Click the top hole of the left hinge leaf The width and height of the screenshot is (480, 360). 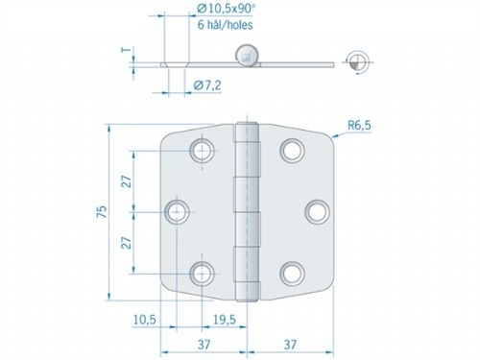pos(203,150)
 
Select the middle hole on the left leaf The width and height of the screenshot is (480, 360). pos(178,211)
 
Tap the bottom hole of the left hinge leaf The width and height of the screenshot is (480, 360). pos(203,274)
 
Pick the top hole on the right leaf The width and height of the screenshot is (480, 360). pos(292,150)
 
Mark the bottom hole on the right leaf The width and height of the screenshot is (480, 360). pos(292,274)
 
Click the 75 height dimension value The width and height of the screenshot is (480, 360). pos(103,212)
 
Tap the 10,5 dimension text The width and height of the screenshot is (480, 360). pos(145,318)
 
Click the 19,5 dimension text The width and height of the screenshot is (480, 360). pos(227,318)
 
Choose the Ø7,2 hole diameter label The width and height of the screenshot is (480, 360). pos(206,86)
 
